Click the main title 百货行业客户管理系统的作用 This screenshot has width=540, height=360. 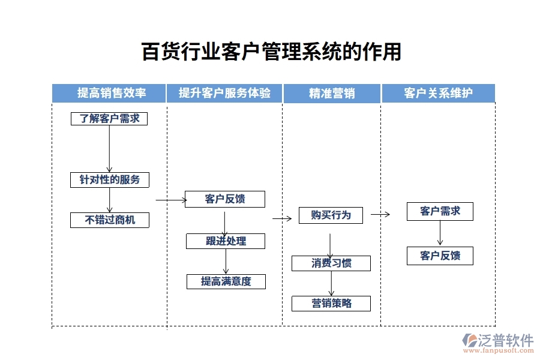271,52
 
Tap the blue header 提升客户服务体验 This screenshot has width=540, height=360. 224,93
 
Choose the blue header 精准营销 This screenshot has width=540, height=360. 331,94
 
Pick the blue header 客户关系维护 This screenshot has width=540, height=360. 438,93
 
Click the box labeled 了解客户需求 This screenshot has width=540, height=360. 109,119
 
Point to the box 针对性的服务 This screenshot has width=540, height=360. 109,179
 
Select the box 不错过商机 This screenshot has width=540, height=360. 109,220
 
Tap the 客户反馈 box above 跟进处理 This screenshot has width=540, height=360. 224,199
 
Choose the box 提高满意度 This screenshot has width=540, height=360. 226,281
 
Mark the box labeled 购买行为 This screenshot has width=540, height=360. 331,215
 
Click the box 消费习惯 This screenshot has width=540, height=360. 331,263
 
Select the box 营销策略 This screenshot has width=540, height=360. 331,304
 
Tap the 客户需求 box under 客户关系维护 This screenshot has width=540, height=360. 440,211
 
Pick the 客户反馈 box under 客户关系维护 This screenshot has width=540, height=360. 440,256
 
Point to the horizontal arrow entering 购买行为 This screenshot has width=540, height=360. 281,219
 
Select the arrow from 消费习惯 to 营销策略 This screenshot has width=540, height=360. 331,283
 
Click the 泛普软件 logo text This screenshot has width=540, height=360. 505,341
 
